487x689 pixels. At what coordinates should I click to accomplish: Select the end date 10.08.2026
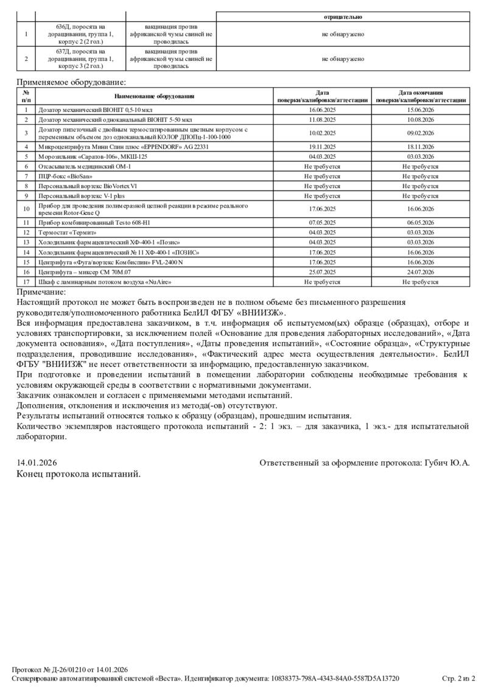(x=420, y=120)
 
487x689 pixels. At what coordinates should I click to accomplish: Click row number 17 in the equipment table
(x=26, y=282)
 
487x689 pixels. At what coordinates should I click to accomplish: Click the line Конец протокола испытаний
(x=79, y=474)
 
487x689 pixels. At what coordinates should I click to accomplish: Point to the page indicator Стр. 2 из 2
(x=458, y=678)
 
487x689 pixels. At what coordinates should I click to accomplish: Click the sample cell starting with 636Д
(x=80, y=34)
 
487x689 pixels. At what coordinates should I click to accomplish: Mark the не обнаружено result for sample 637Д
(x=343, y=59)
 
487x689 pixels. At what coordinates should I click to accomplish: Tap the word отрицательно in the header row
(x=343, y=16)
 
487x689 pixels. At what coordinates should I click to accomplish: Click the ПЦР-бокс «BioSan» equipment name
(x=70, y=176)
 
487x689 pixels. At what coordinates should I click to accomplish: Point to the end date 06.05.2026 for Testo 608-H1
(x=420, y=222)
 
